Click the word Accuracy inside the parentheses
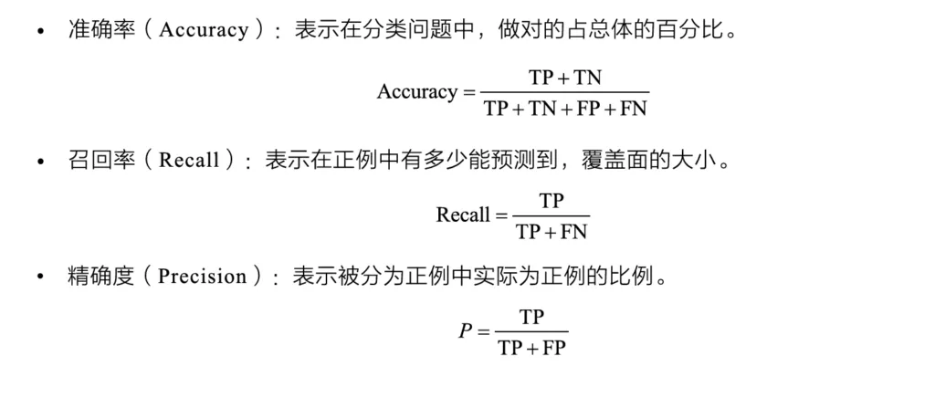[204, 31]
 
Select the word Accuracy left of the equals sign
[416, 92]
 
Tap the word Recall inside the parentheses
[188, 161]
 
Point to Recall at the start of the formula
[463, 215]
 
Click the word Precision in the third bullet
[202, 278]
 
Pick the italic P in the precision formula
[465, 331]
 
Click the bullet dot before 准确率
[40, 32]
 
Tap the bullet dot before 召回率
[40, 162]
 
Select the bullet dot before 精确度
[40, 278]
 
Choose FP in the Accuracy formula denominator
[589, 109]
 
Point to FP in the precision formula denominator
[552, 348]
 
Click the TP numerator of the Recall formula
[551, 201]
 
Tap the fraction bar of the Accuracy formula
[564, 93]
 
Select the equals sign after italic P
[484, 332]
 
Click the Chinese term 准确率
[94, 31]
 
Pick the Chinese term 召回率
[94, 161]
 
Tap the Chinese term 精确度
[94, 278]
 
